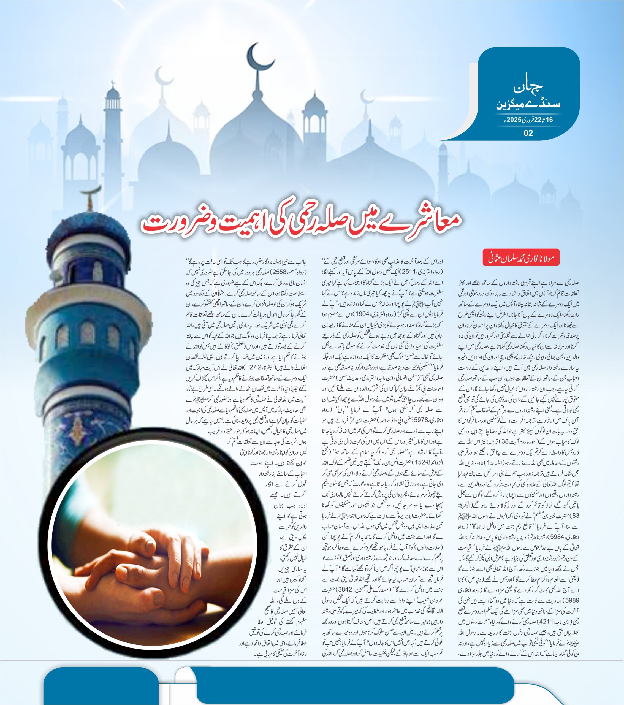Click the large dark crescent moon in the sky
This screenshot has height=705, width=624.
(259, 57)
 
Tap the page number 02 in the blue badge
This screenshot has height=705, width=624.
(528, 133)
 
